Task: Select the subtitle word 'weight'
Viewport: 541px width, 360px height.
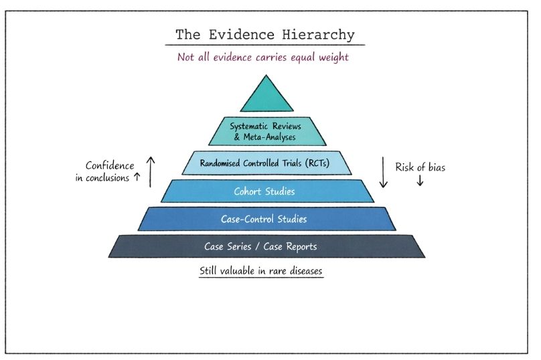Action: [x=332, y=57]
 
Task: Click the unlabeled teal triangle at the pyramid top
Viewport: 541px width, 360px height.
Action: [x=266, y=96]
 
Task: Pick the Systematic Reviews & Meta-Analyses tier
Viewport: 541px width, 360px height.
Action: [x=266, y=131]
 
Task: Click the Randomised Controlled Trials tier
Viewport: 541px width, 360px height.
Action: [x=266, y=163]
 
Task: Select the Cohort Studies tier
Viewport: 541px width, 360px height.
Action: [x=266, y=191]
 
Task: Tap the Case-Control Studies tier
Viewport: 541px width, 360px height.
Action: [x=266, y=219]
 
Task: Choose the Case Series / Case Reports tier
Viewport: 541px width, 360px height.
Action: [x=266, y=246]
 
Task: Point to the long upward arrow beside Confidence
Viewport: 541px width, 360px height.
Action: [x=151, y=172]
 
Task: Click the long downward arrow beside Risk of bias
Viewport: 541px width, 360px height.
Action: [x=384, y=172]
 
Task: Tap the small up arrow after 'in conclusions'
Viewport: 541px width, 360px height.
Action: [x=137, y=178]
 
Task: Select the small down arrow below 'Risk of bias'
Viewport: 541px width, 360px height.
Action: [x=420, y=181]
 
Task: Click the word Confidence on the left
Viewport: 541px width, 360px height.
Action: [x=110, y=166]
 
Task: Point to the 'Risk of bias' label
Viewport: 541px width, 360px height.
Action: [x=420, y=167]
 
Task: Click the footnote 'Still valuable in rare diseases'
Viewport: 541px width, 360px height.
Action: [x=261, y=272]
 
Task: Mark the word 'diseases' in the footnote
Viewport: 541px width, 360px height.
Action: [x=303, y=272]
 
